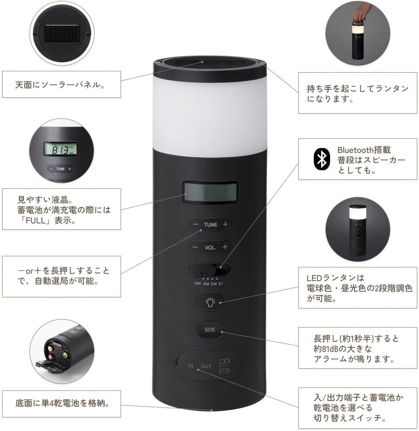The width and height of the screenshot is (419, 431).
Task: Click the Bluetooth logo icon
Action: pyautogui.click(x=322, y=159)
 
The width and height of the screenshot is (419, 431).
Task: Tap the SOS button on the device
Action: pyautogui.click(x=209, y=329)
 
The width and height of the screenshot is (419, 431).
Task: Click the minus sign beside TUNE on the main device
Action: pyautogui.click(x=195, y=225)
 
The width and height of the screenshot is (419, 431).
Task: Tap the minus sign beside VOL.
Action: pyautogui.click(x=195, y=247)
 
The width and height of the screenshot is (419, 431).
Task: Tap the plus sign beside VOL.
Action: pyautogui.click(x=225, y=247)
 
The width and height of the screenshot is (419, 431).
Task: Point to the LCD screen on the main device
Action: pyautogui.click(x=209, y=192)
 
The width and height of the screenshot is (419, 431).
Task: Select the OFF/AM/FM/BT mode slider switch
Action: pyautogui.click(x=210, y=270)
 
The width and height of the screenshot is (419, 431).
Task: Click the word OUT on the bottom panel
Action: pyautogui.click(x=207, y=366)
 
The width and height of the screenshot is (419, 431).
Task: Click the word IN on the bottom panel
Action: pyautogui.click(x=191, y=366)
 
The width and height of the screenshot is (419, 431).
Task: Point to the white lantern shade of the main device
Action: pyautogui.click(x=209, y=107)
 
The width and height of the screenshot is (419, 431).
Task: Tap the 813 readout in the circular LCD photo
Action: pyautogui.click(x=59, y=150)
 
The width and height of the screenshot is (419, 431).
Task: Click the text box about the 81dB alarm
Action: pyautogui.click(x=357, y=348)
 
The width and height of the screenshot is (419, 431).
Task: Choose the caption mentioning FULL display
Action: pyautogui.click(x=62, y=210)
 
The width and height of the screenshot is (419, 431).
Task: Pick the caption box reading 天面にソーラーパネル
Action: pyautogui.click(x=62, y=84)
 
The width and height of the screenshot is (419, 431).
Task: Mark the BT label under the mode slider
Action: pyautogui.click(x=221, y=284)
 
